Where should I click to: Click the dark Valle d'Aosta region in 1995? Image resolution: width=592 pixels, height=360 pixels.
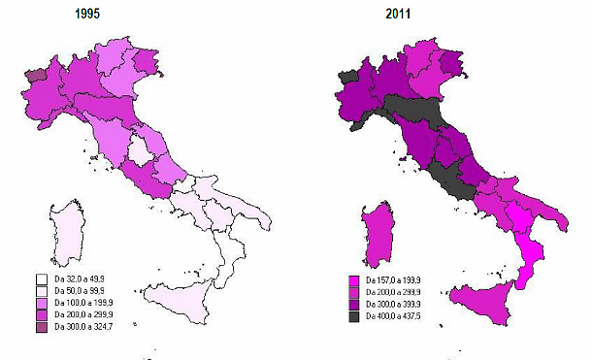(x=36, y=75)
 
